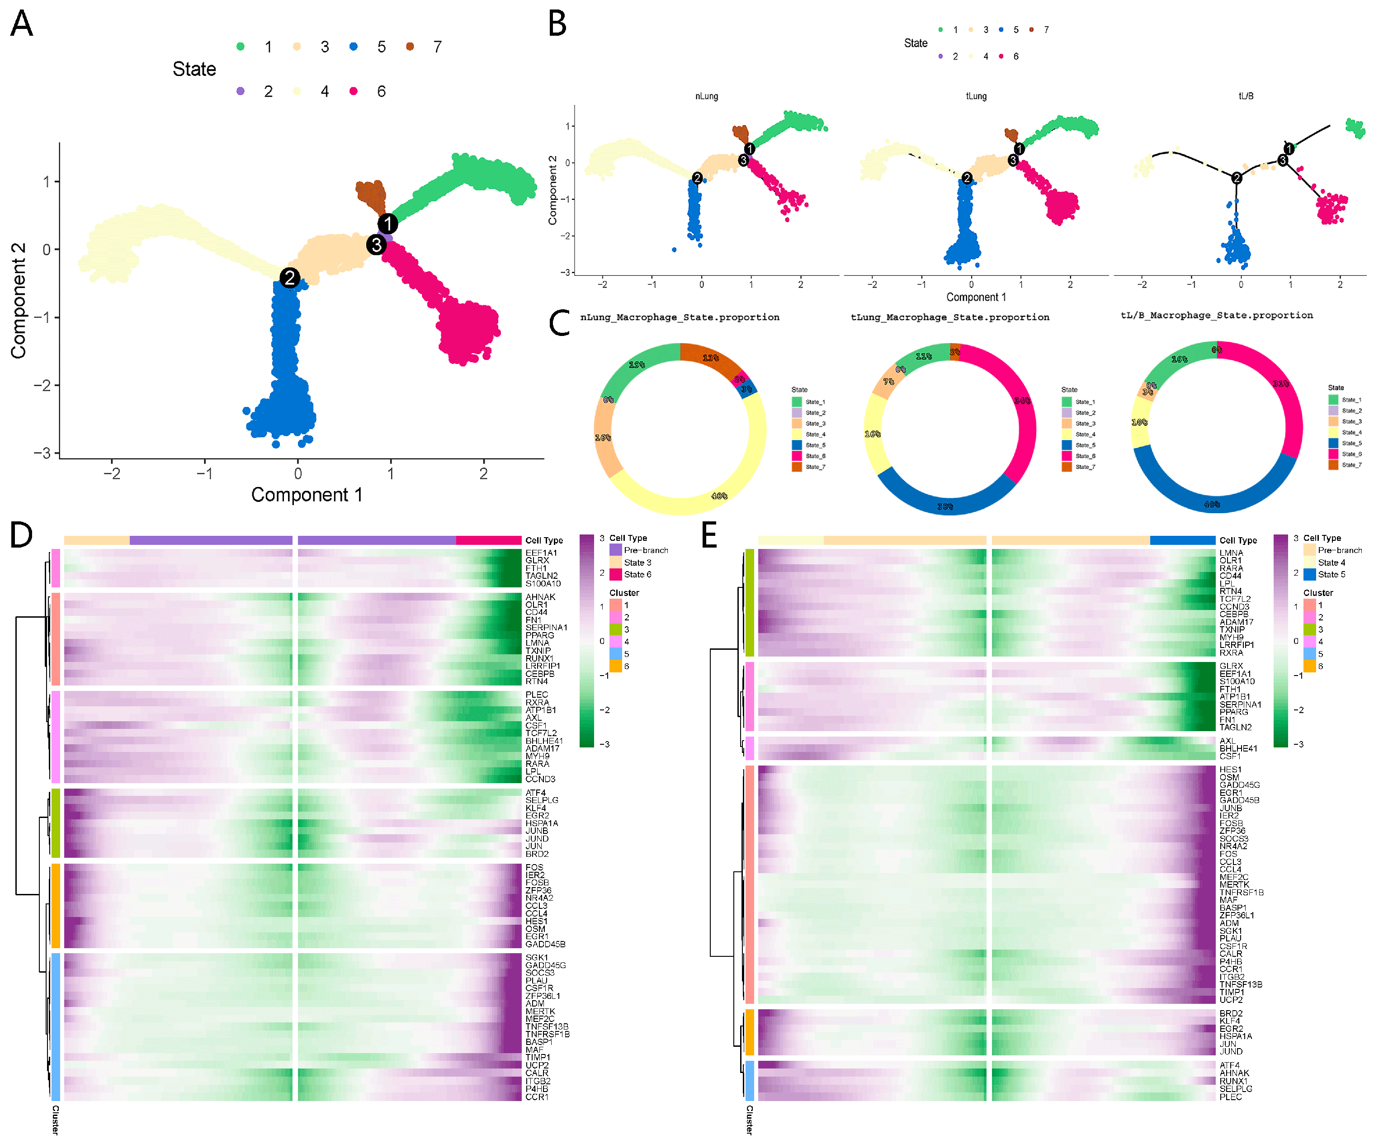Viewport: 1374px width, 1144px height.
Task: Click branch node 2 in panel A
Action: pyautogui.click(x=290, y=278)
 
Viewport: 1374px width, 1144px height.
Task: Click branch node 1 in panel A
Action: pyautogui.click(x=387, y=224)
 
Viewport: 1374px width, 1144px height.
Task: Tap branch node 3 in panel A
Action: pyautogui.click(x=376, y=245)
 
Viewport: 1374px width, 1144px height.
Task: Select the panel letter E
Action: pyautogui.click(x=708, y=535)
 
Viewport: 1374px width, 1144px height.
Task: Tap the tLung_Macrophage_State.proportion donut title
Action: pyautogui.click(x=949, y=317)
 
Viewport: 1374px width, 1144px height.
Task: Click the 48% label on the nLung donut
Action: pyautogui.click(x=719, y=496)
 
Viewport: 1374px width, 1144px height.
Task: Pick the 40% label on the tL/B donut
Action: pyautogui.click(x=1212, y=504)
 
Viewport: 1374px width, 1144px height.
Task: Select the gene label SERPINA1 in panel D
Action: pyautogui.click(x=546, y=628)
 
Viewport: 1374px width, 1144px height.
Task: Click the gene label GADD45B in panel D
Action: pyautogui.click(x=545, y=945)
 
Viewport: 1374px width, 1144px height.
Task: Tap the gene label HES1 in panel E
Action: pyautogui.click(x=1230, y=770)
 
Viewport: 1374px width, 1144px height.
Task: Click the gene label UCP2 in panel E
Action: pyautogui.click(x=1231, y=1000)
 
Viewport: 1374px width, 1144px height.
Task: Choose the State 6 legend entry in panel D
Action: pyautogui.click(x=637, y=575)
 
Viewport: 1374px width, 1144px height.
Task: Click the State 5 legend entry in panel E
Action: pyautogui.click(x=1331, y=575)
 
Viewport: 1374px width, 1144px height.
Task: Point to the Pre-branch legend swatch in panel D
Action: pyautogui.click(x=616, y=550)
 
